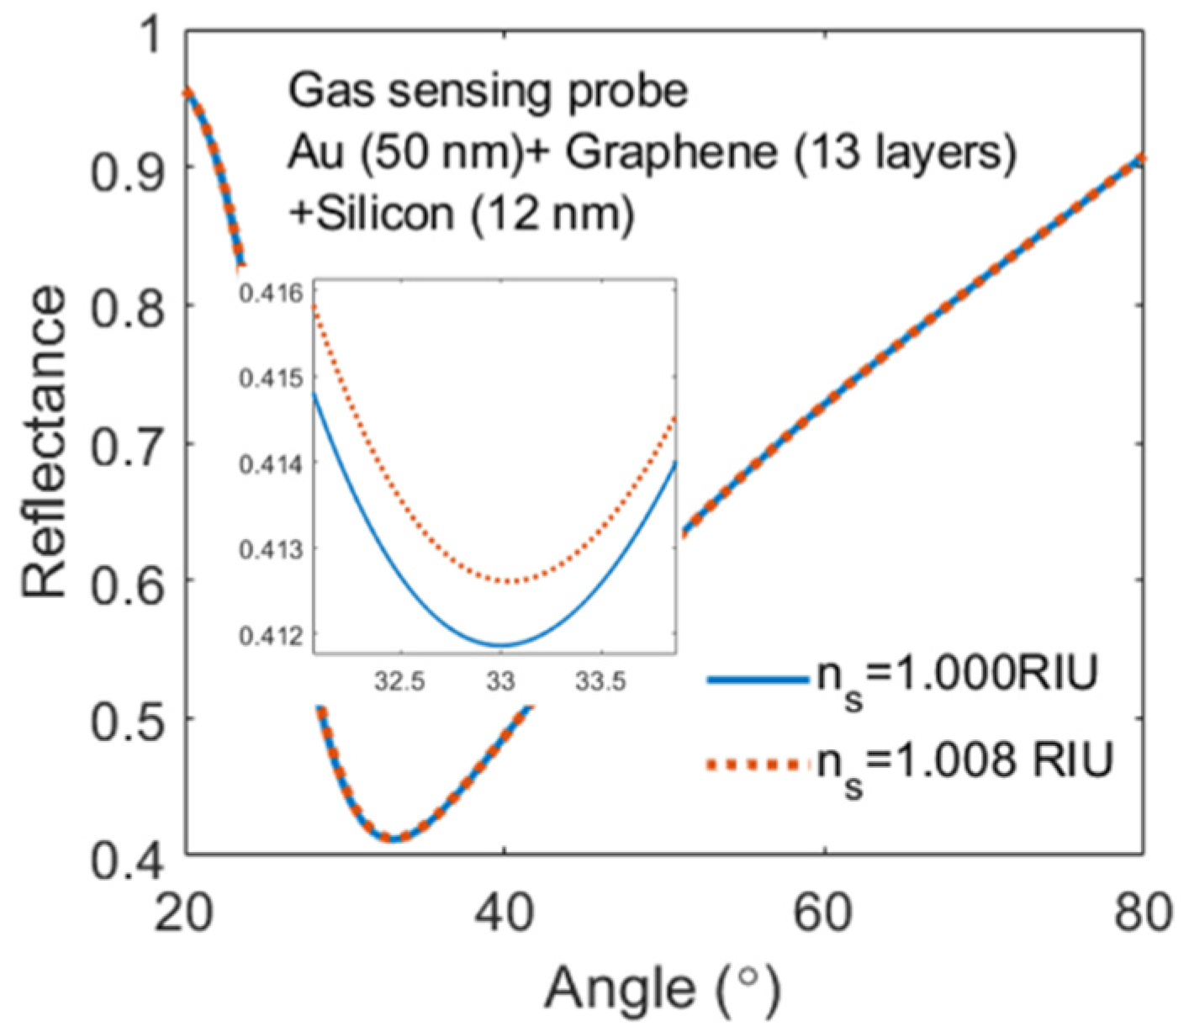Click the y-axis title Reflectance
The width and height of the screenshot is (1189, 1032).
pos(44,442)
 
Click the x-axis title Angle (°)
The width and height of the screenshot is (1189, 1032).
pos(663,990)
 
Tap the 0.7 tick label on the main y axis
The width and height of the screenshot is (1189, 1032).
pos(126,443)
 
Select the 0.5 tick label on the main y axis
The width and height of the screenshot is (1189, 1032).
pos(126,718)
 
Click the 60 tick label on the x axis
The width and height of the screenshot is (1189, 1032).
pos(824,912)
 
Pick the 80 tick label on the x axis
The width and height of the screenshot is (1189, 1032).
pos(1139,912)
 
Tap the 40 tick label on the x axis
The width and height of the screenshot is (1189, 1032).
pos(505,912)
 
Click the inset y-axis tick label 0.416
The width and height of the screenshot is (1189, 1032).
pos(274,294)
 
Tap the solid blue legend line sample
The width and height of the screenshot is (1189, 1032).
pos(757,680)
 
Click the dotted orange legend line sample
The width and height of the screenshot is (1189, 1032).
pos(757,765)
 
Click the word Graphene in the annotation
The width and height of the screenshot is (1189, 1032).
pos(668,154)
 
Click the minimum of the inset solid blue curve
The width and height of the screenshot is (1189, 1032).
pos(501,646)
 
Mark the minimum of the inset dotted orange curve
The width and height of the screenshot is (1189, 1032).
pos(509,581)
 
